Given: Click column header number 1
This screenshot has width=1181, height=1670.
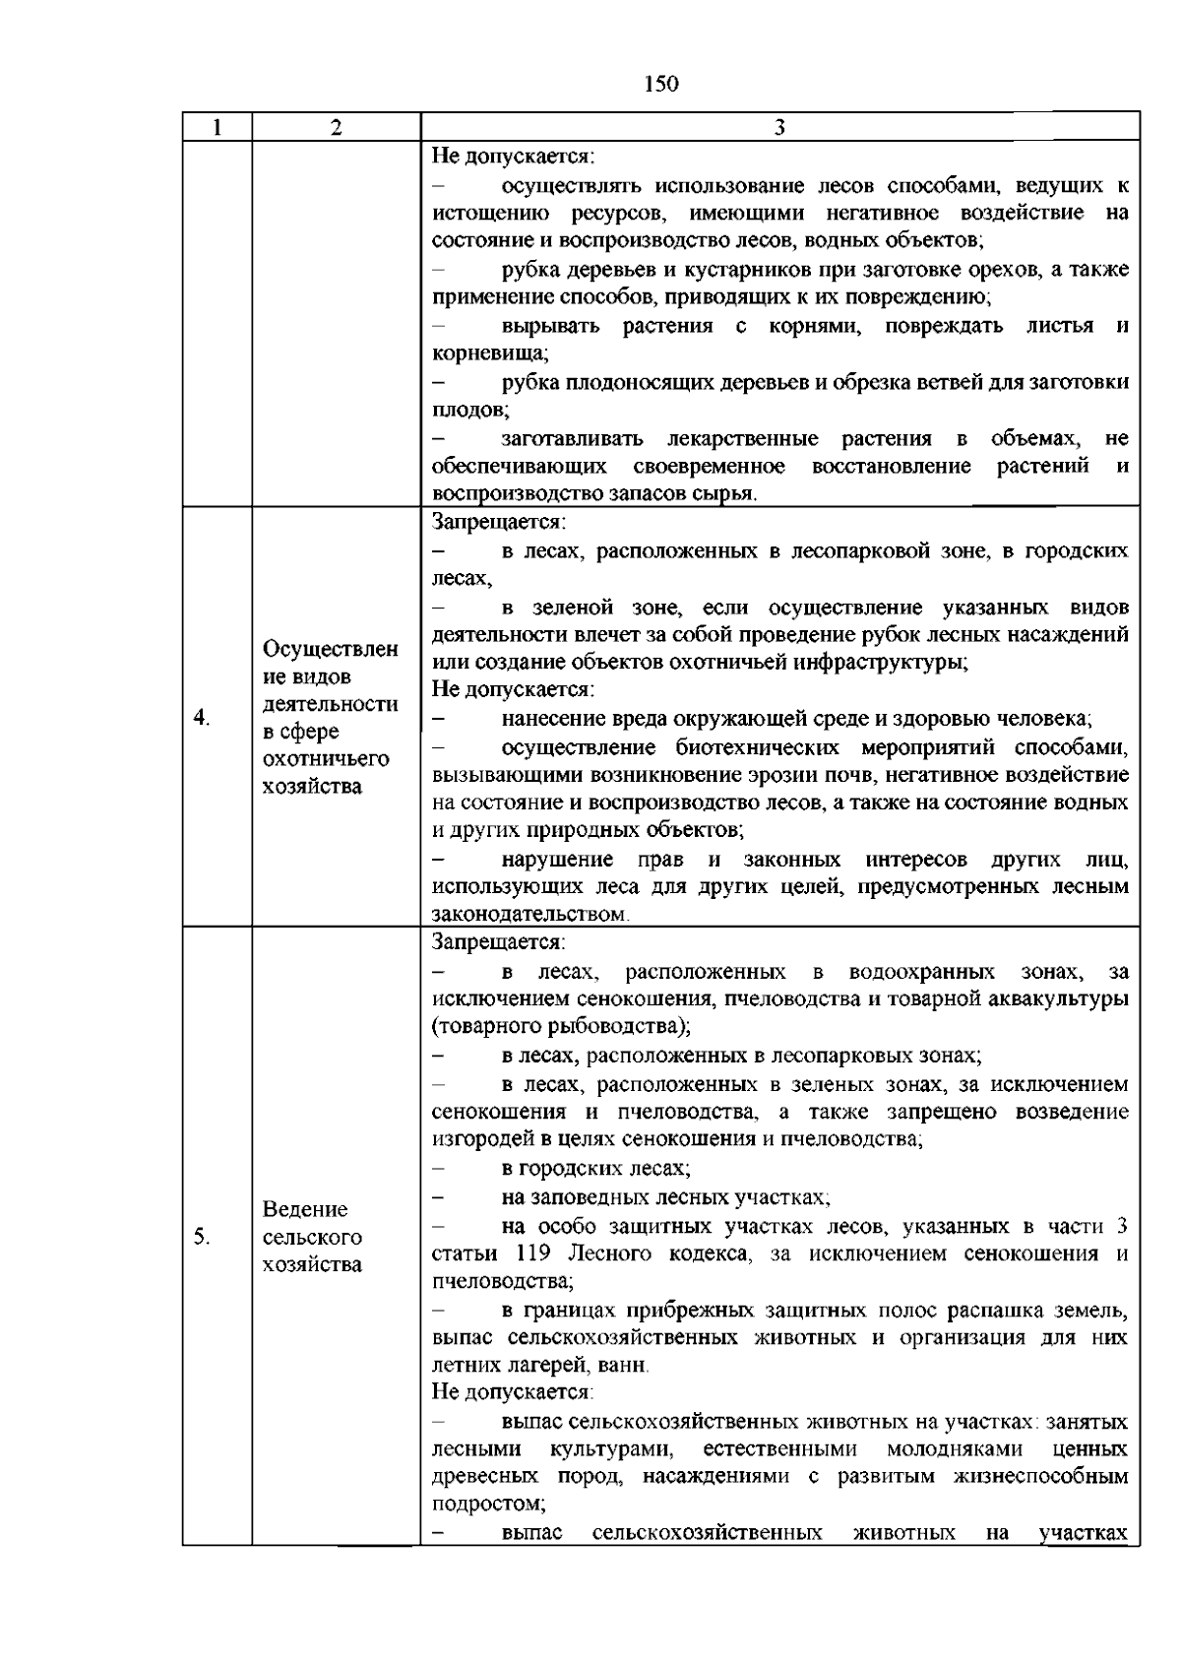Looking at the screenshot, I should click(x=217, y=127).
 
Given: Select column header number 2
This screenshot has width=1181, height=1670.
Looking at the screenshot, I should click(x=337, y=127).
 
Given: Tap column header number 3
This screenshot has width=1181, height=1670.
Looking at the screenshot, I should click(x=779, y=127).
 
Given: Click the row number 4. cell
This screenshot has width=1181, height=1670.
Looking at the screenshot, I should click(x=202, y=717).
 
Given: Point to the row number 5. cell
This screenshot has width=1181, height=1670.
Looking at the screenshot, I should click(x=202, y=1237).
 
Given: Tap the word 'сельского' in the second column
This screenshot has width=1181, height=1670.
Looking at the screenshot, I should click(x=313, y=1237).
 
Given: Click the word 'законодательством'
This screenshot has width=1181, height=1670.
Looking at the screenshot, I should click(x=528, y=915).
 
